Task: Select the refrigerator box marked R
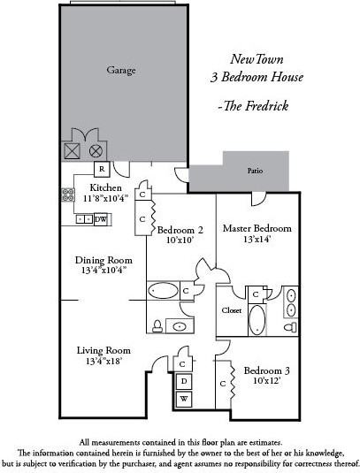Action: coord(102,168)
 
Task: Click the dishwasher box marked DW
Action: coord(100,218)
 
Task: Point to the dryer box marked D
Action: coord(183,382)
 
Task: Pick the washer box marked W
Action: coord(183,400)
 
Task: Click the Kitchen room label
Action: coord(105,188)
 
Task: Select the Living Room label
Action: coord(102,350)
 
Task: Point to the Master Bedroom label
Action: coord(257,228)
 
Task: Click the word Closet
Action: coord(231,311)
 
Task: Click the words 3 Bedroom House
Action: coord(267,77)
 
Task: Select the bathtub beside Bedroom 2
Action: coord(164,290)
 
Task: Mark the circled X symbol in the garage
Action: coord(96,150)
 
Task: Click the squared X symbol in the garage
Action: coord(71,150)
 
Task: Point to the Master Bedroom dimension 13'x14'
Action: coord(257,239)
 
